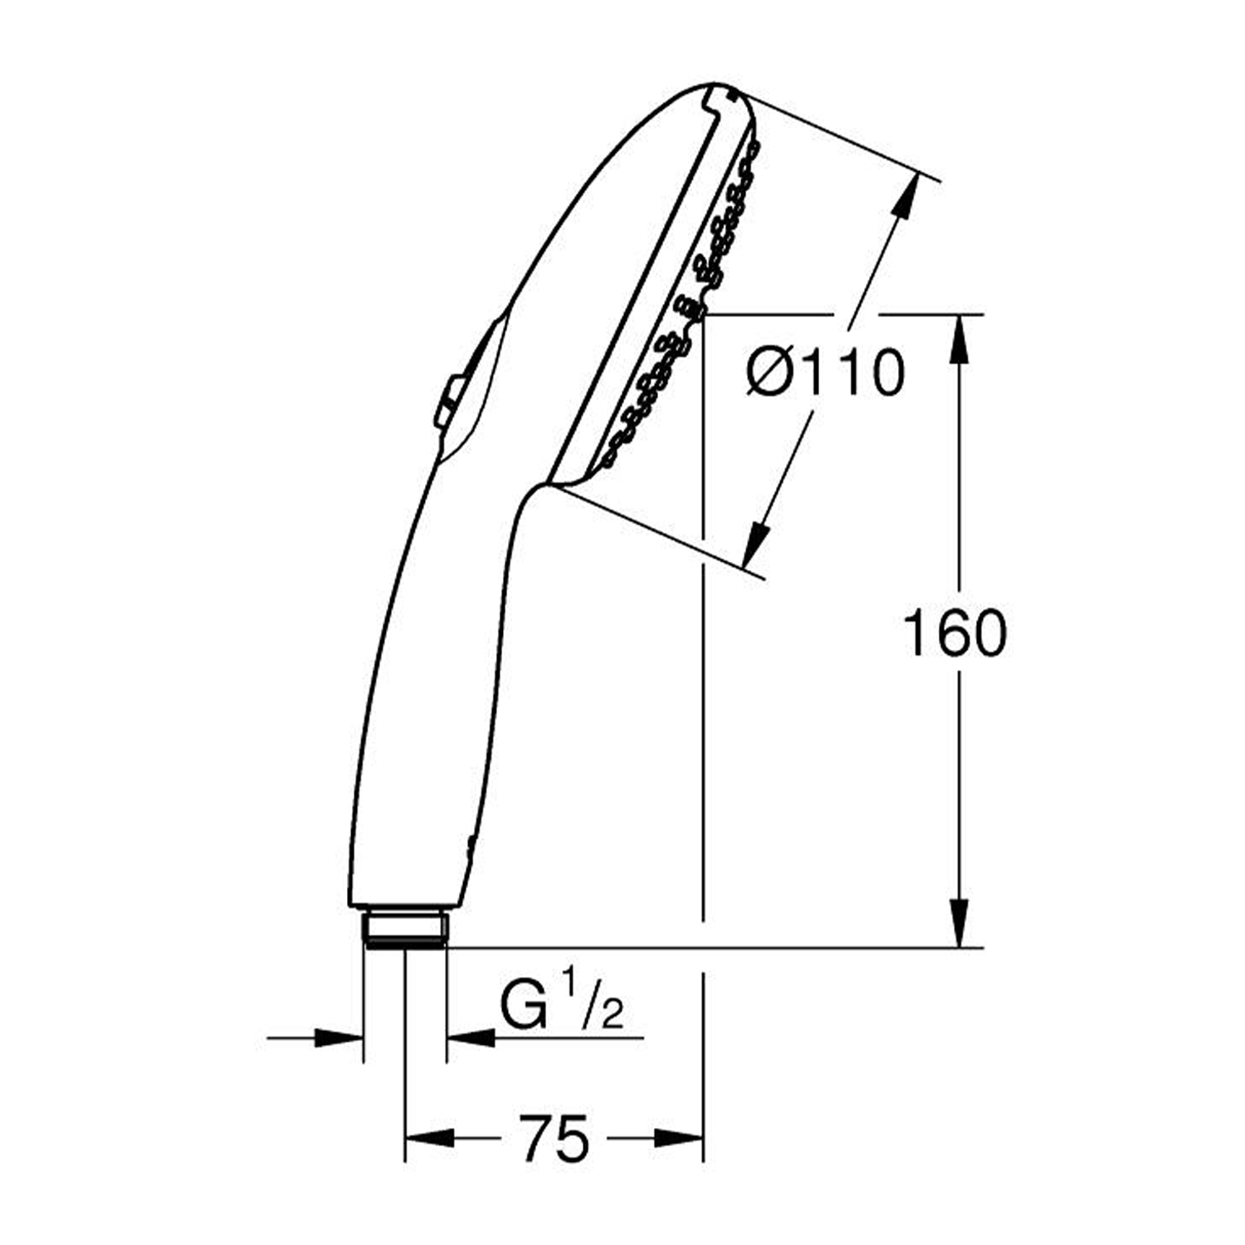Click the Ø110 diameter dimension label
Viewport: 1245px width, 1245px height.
click(825, 373)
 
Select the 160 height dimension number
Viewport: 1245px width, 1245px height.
click(954, 633)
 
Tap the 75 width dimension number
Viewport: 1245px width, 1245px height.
click(554, 1139)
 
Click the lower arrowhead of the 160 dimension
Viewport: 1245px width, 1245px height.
click(959, 923)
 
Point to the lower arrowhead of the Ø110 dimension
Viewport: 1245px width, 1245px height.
click(755, 543)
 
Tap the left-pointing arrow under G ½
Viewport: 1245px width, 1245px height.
click(471, 1037)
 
